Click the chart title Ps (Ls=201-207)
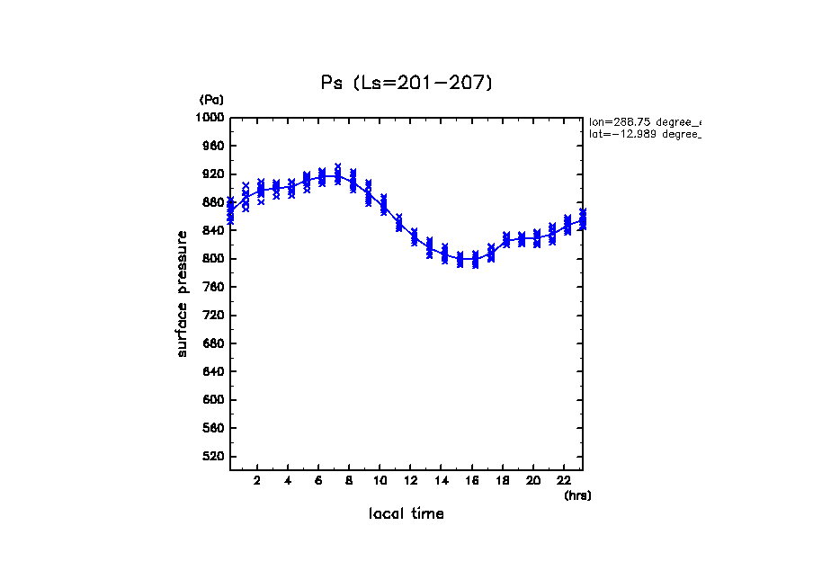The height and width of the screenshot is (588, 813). (407, 83)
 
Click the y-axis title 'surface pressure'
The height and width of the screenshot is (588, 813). (183, 293)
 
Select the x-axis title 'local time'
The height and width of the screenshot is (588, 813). (406, 514)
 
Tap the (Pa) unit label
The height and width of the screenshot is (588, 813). (211, 100)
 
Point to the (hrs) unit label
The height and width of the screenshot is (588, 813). (577, 495)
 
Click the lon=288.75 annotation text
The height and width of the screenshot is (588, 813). (644, 121)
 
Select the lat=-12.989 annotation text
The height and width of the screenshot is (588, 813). (644, 134)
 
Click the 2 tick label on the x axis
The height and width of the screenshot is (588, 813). (257, 480)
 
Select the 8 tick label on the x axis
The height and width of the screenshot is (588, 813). (350, 480)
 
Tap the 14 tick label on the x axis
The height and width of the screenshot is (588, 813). (442, 480)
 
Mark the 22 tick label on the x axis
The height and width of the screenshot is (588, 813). (565, 480)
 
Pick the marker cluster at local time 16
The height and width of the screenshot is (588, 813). (475, 261)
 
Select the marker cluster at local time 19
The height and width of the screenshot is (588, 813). (522, 240)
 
